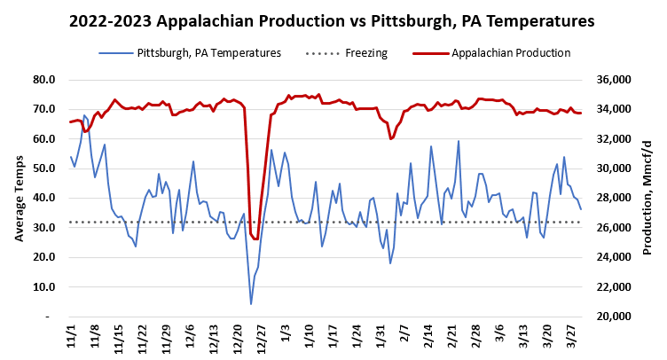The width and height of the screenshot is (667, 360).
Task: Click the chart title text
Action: point(333,20)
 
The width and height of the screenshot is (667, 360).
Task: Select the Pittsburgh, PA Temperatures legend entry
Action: point(208,53)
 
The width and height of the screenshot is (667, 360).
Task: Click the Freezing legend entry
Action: point(366,53)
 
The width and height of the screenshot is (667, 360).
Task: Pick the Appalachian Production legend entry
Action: point(510,53)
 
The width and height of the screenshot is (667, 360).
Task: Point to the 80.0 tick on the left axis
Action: point(44,80)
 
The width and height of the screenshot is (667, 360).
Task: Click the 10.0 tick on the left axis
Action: point(44,287)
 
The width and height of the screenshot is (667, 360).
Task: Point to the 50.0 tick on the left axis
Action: point(44,168)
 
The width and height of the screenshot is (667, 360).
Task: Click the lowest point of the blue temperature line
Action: point(251,304)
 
